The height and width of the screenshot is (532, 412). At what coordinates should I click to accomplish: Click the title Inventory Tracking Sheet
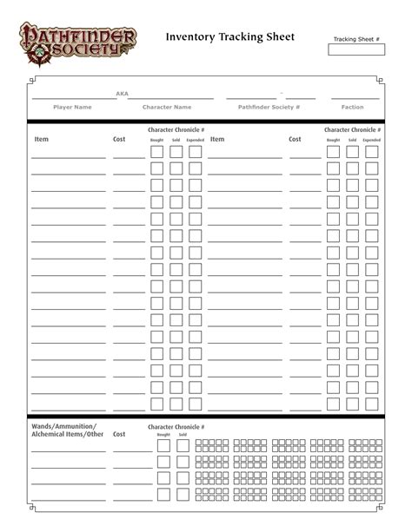[x=230, y=36]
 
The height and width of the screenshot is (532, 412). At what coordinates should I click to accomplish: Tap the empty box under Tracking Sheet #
[x=356, y=49]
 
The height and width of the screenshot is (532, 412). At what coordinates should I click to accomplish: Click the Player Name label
[x=72, y=108]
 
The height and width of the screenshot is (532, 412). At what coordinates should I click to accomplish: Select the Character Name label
[x=167, y=108]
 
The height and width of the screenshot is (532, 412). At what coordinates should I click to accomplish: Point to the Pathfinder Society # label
[x=269, y=108]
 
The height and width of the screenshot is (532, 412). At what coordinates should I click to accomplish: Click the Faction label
[x=353, y=108]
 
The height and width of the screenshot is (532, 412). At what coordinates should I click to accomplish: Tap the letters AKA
[x=122, y=94]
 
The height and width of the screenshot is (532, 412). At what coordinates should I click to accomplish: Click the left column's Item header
[x=42, y=139]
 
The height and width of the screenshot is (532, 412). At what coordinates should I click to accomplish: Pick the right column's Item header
[x=217, y=139]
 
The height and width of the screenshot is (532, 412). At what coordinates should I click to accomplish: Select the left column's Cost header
[x=119, y=139]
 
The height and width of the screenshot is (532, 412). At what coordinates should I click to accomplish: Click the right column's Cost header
[x=296, y=139]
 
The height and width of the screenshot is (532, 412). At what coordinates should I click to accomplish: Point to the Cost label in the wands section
[x=119, y=434]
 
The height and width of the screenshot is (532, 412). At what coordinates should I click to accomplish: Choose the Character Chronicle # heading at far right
[x=353, y=129]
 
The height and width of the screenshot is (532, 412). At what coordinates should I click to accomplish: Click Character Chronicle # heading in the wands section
[x=176, y=427]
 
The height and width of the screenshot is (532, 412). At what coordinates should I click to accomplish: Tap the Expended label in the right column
[x=371, y=140]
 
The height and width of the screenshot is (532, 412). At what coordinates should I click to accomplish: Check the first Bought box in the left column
[x=157, y=152]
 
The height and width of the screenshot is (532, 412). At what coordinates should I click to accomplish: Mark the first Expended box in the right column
[x=372, y=152]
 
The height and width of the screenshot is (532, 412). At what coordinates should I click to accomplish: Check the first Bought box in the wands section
[x=163, y=446]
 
